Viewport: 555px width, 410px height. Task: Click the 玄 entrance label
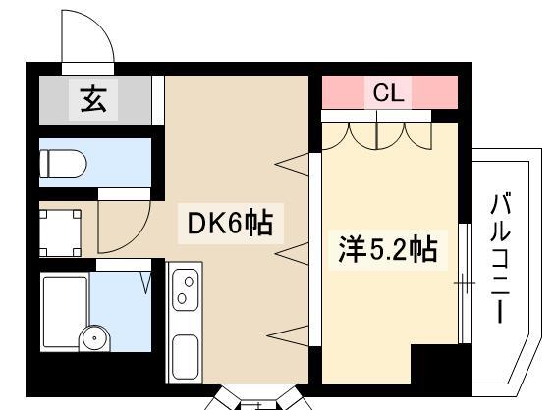point(93,99)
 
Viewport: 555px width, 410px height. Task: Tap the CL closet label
point(388,93)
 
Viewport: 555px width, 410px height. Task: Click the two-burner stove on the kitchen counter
point(184,288)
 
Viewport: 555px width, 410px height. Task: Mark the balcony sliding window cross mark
point(461,285)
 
